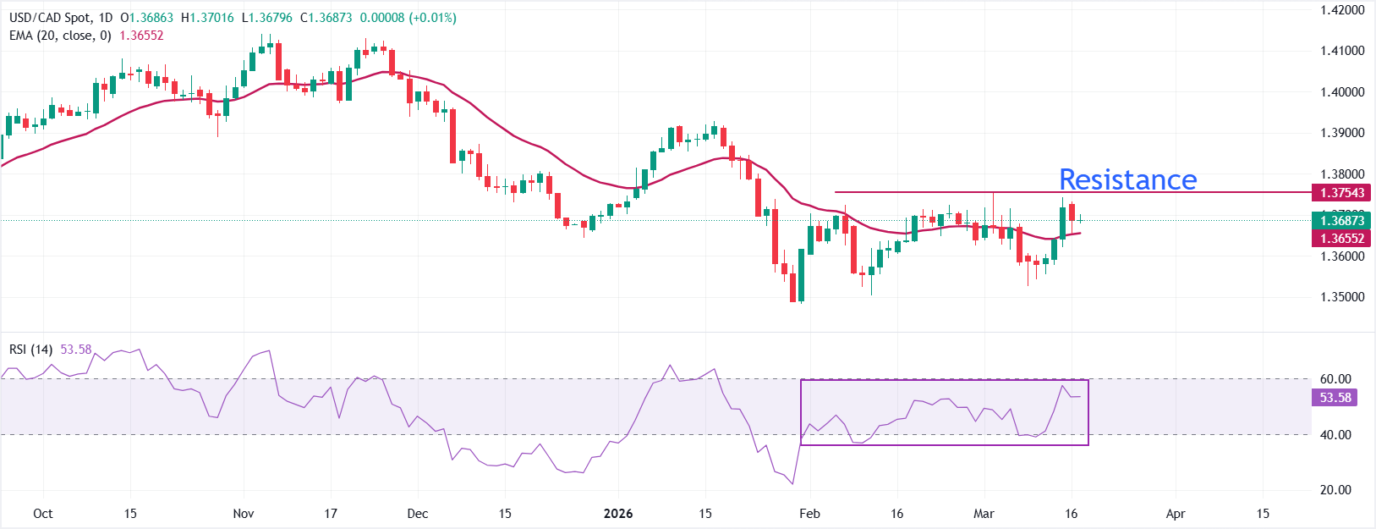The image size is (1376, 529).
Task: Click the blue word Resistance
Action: point(1127,179)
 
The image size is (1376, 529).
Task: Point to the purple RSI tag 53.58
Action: point(1335,398)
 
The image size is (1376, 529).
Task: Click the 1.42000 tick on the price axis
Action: point(1342,10)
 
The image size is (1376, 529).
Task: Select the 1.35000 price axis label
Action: point(1342,297)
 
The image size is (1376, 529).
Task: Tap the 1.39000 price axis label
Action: point(1342,133)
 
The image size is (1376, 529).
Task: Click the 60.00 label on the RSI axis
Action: point(1335,379)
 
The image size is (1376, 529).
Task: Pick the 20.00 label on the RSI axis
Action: point(1335,490)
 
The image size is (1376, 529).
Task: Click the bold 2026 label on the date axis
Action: point(618,514)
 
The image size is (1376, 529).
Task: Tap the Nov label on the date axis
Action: point(244,514)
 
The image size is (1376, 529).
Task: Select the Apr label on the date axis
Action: point(1176,514)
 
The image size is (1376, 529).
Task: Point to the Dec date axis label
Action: point(417,514)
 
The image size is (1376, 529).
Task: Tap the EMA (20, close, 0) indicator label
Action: point(60,36)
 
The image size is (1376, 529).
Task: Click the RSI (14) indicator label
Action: point(30,350)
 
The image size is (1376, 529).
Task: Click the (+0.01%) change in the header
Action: point(432,18)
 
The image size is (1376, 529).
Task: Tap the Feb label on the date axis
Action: point(809,514)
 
